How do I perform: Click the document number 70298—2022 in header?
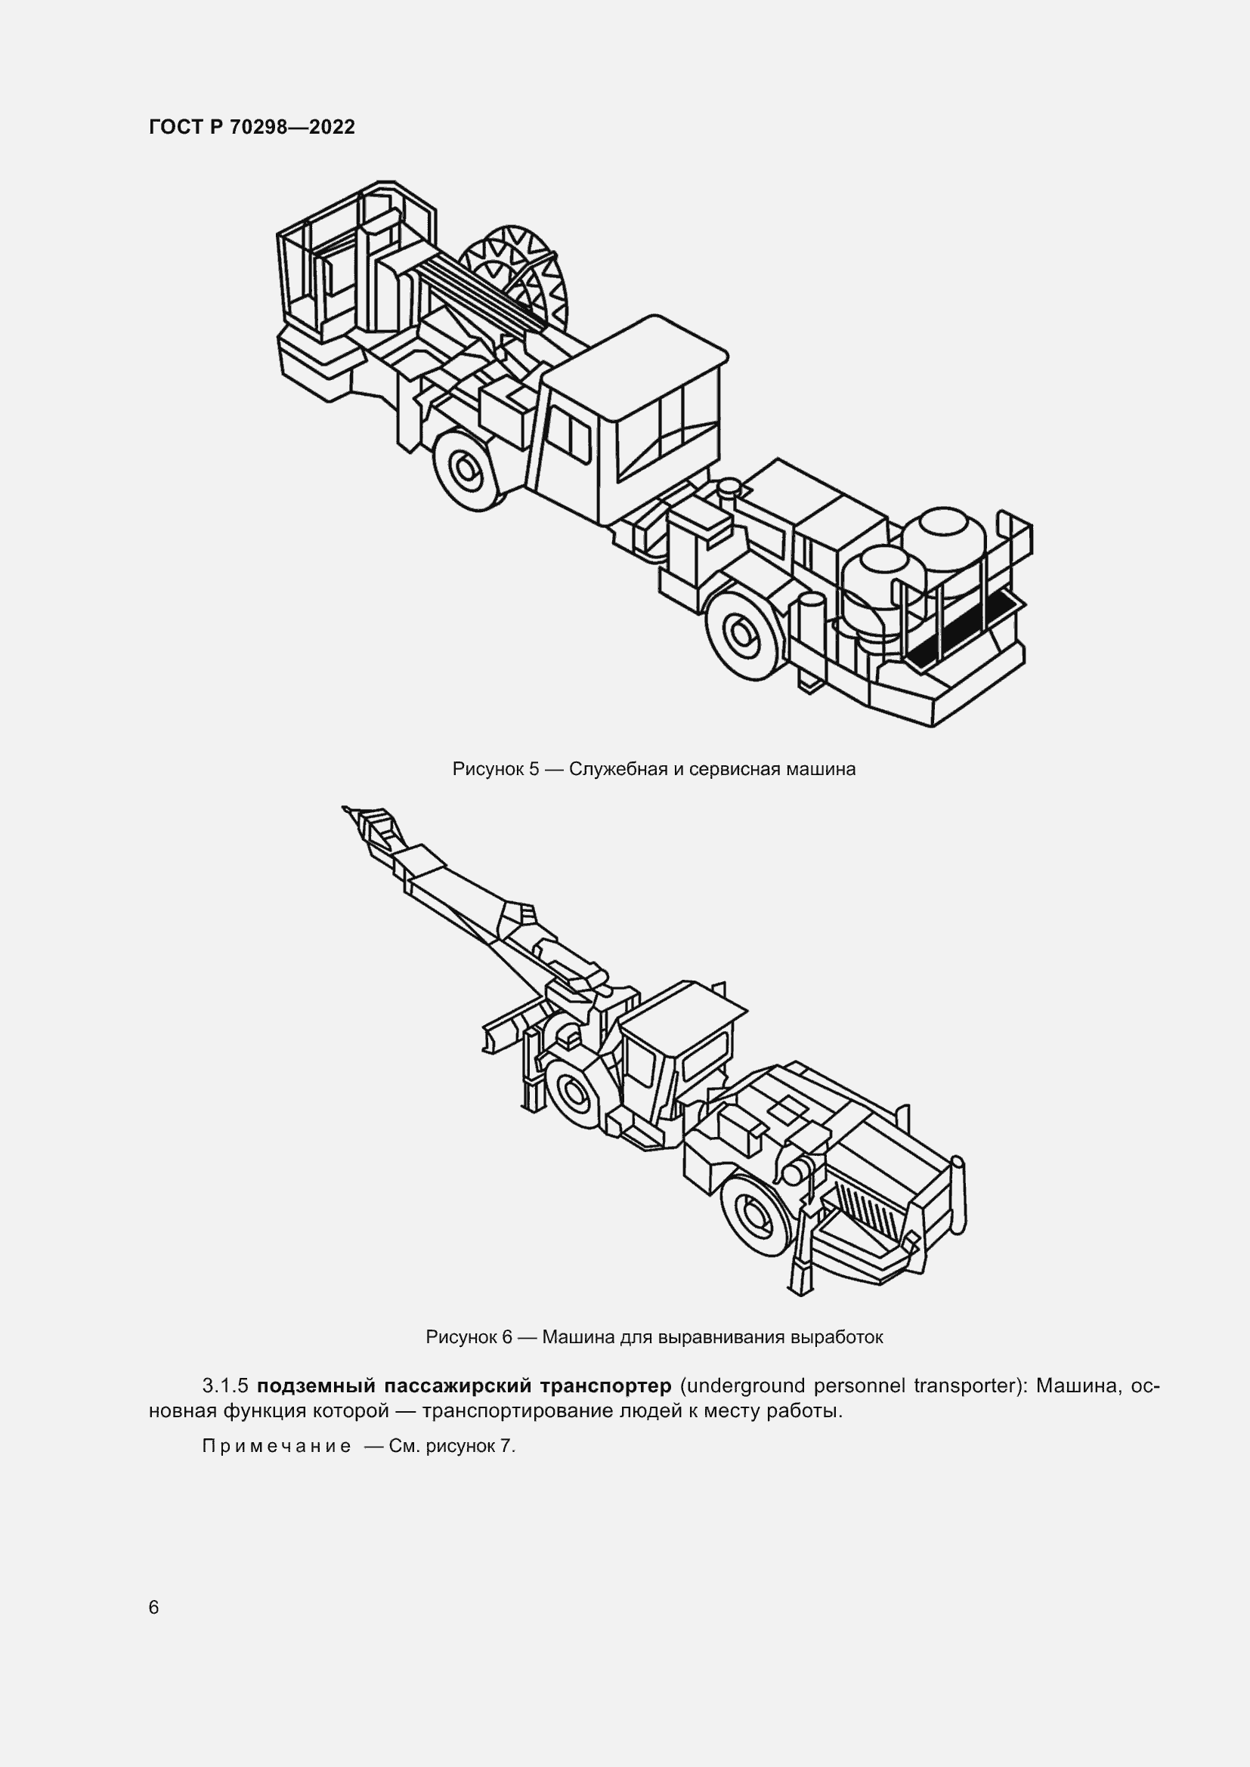[292, 128]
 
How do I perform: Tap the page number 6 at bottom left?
[154, 1607]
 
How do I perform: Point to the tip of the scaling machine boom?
[346, 808]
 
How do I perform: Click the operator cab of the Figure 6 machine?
[677, 1055]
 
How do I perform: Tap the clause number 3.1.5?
[224, 1386]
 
